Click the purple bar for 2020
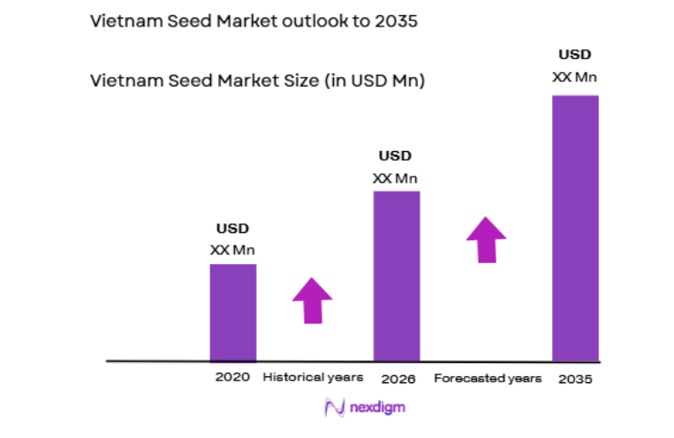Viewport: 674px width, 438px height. (x=232, y=313)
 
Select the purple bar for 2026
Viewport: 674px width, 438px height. (x=397, y=276)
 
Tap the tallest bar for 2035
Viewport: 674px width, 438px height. (x=575, y=228)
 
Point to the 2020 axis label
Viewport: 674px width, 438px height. (x=232, y=377)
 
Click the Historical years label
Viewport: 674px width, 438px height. (x=313, y=377)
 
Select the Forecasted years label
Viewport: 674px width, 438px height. (x=488, y=378)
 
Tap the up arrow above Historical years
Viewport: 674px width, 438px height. (x=312, y=300)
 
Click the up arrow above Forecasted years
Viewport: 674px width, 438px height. (x=486, y=239)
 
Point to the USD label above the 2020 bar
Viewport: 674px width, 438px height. (x=232, y=230)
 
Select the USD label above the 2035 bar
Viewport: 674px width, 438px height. (x=574, y=55)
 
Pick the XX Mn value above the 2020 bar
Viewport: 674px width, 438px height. (x=232, y=250)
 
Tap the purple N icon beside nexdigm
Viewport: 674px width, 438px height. (x=335, y=407)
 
